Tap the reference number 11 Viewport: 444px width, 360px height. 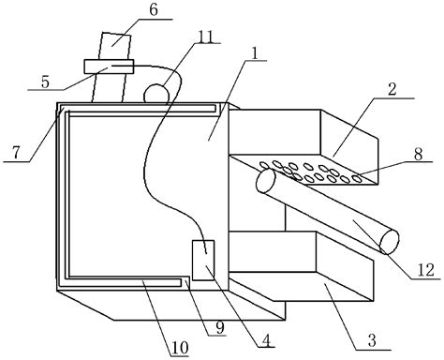(x=204, y=37)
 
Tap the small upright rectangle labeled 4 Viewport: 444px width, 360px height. (x=202, y=261)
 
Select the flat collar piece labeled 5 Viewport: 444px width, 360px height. (x=109, y=66)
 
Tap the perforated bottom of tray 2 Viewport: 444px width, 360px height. (x=309, y=172)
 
